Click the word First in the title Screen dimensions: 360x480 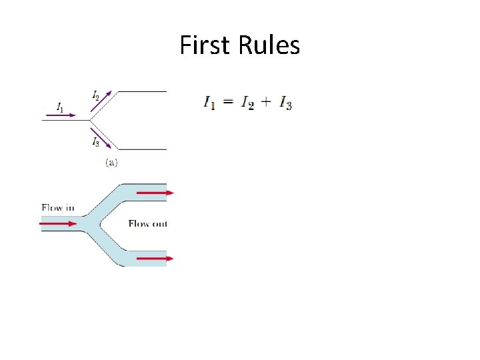click(x=203, y=46)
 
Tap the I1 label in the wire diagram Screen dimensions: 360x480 click(x=61, y=107)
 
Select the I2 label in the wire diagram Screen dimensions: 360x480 click(x=96, y=95)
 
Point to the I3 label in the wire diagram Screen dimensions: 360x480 click(x=96, y=141)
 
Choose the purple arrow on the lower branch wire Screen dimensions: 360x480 click(x=102, y=138)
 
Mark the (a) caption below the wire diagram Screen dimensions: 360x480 click(x=111, y=162)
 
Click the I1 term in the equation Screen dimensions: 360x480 click(x=209, y=103)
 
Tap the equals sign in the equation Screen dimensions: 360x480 click(x=228, y=102)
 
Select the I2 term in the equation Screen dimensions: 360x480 click(x=247, y=103)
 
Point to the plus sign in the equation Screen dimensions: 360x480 click(x=267, y=102)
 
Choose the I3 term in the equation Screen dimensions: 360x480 click(x=285, y=103)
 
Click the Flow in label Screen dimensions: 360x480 click(x=57, y=207)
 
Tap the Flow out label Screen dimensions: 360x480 click(x=147, y=223)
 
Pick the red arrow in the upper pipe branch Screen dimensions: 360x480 click(x=155, y=193)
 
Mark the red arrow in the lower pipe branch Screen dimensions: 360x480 click(x=155, y=258)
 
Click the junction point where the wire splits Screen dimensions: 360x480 click(x=90, y=120)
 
